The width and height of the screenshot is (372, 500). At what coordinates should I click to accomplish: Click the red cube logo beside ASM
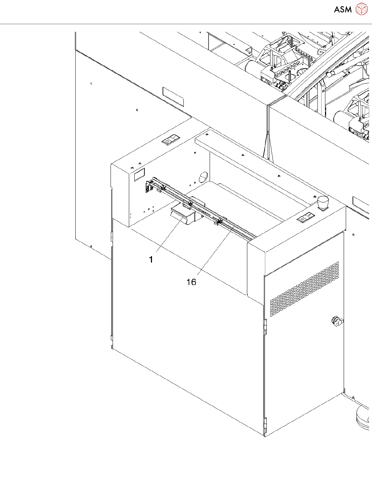(362, 9)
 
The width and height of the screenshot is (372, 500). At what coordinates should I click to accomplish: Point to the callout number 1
(151, 259)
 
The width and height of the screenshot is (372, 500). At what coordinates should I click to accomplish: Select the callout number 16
(191, 282)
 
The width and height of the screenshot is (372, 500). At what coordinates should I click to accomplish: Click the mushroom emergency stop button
(323, 202)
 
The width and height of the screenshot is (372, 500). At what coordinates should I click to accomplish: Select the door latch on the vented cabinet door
(336, 321)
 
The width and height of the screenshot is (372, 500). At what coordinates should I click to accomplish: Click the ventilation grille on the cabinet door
(304, 289)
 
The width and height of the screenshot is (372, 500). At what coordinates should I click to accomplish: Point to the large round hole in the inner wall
(203, 177)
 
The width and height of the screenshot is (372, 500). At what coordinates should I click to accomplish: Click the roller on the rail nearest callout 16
(220, 220)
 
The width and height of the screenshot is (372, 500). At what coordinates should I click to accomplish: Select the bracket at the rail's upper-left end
(149, 186)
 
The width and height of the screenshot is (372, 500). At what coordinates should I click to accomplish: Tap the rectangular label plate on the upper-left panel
(173, 97)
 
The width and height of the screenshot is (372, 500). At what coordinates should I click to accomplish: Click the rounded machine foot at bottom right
(363, 417)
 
